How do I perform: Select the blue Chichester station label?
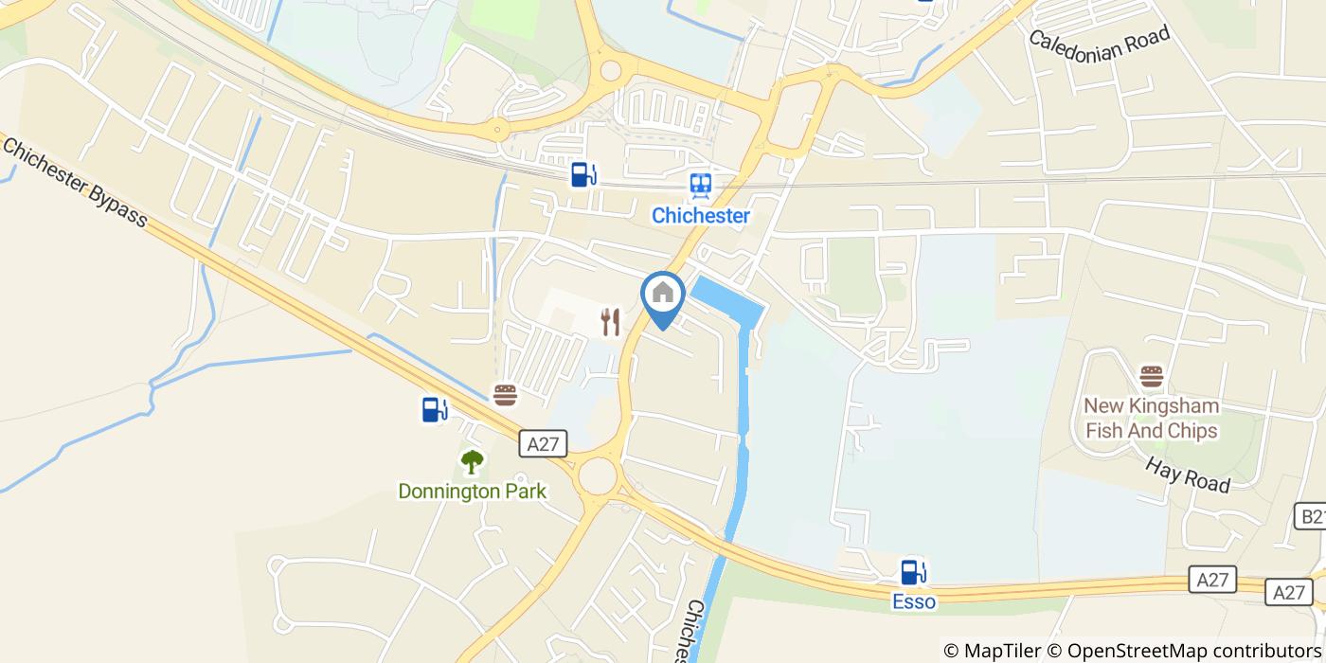[x=701, y=216]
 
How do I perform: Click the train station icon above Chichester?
[x=701, y=185]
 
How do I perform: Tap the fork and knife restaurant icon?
[x=611, y=323]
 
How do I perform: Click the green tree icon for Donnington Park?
[x=472, y=462]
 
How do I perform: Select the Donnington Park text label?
[x=472, y=491]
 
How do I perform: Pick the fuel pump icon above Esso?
[x=913, y=571]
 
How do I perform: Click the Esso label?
[x=913, y=601]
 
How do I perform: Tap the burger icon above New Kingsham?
[x=1152, y=376]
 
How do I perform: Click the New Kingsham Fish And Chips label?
[x=1152, y=419]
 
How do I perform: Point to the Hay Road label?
[x=1188, y=474]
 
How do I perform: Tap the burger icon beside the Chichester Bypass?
[x=506, y=394]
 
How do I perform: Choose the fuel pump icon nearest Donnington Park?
[x=435, y=409]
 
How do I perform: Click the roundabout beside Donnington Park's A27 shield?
[x=597, y=475]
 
